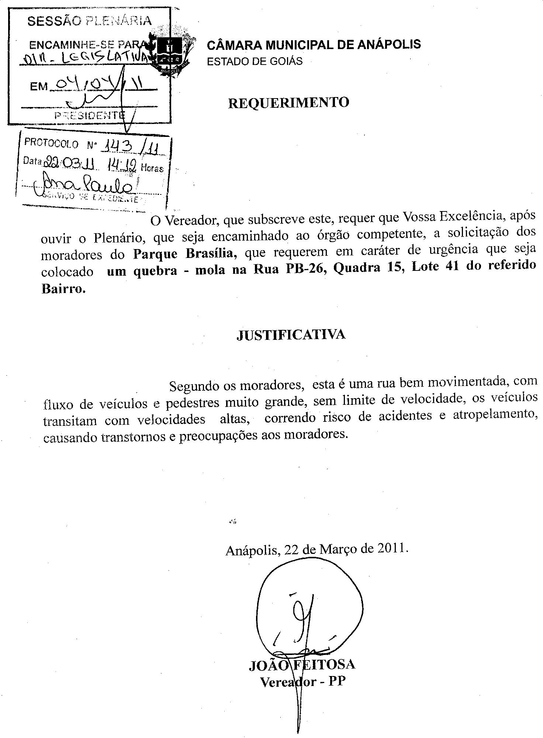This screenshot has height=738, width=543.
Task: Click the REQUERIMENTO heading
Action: pyautogui.click(x=288, y=103)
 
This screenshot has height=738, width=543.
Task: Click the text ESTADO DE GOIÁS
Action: pyautogui.click(x=255, y=61)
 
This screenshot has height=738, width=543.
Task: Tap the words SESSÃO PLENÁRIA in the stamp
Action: pyautogui.click(x=89, y=21)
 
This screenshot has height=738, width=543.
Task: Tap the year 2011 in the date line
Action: pyautogui.click(x=391, y=548)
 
